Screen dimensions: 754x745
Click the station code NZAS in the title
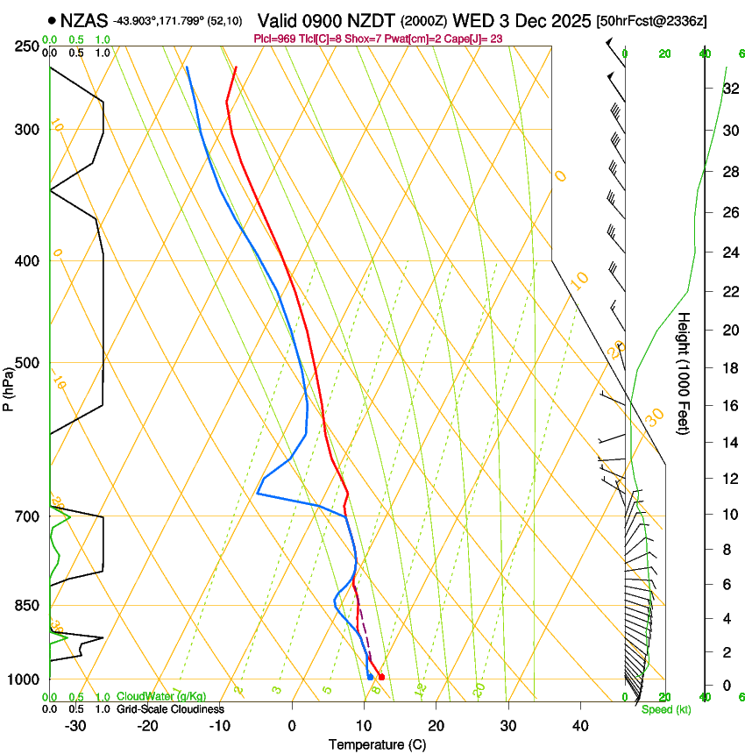tap(84, 19)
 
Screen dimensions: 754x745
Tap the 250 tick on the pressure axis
tap(27, 46)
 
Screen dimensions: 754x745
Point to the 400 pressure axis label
tap(27, 261)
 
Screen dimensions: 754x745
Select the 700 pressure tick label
tap(27, 516)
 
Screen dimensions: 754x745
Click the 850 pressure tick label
tap(27, 606)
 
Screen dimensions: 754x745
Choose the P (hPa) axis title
tap(9, 382)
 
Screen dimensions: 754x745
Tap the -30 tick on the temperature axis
tap(75, 726)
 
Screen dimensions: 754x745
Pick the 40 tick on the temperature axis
tap(579, 726)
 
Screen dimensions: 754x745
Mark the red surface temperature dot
tap(381, 677)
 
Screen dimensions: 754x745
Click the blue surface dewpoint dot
tap(371, 677)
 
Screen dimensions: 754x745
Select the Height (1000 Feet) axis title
tap(685, 373)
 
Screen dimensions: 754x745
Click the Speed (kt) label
tap(665, 709)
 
